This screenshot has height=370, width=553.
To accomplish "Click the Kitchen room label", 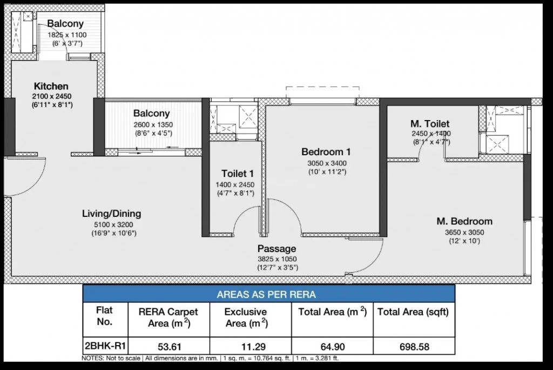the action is click(51, 86).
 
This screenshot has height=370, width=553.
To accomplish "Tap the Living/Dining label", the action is click(111, 214).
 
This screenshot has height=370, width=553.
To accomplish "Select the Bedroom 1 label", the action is click(326, 152).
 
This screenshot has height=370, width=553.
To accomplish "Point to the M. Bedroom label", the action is click(464, 221).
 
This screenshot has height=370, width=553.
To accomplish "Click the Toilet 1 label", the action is click(238, 174).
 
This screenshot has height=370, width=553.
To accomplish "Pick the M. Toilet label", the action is click(430, 124).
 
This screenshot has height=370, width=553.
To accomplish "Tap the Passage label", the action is click(277, 248).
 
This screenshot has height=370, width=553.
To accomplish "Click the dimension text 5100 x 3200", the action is click(113, 224).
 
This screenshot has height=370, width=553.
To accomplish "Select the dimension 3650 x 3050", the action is click(464, 232).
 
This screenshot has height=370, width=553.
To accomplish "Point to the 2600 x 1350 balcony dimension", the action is click(153, 124).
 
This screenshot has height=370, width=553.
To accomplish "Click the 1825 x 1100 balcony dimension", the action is click(67, 35).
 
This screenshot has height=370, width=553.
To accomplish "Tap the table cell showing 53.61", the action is click(168, 347).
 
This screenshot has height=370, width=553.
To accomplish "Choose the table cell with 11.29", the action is click(251, 347).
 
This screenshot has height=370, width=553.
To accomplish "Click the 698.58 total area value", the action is click(414, 347).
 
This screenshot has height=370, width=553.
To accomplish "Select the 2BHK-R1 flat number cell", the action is click(105, 345).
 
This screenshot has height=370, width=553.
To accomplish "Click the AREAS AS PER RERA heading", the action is click(266, 294).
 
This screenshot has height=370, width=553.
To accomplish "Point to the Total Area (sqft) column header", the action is click(413, 312).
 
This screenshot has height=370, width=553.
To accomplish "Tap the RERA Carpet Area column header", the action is click(168, 318).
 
